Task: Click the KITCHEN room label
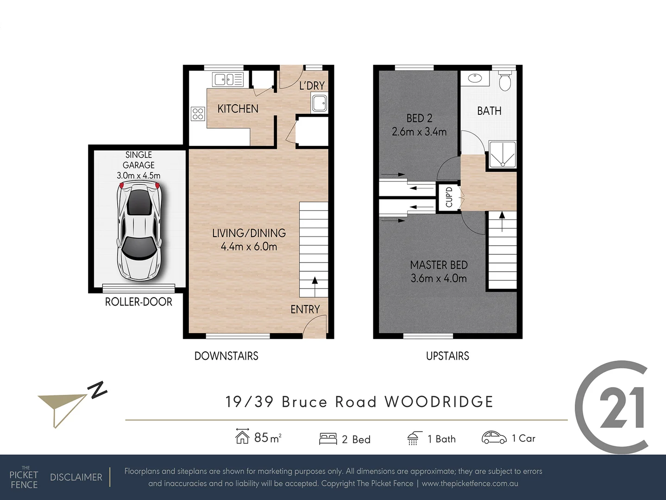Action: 238,109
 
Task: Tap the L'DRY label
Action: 312,86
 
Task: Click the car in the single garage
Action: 139,231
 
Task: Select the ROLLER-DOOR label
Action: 138,302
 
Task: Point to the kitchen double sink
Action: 227,80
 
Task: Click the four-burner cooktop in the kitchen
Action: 198,113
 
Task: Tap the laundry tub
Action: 319,103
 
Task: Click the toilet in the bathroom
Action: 504,81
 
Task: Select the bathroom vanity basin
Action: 475,78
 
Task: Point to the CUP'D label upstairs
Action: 449,197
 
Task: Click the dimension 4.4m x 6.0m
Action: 249,247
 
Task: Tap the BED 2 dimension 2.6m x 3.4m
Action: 419,132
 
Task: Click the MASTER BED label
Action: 439,265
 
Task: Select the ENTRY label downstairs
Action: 305,309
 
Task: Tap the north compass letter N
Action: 98,390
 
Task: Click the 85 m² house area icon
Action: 242,436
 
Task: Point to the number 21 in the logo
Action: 622,408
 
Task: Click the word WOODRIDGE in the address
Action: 439,402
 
